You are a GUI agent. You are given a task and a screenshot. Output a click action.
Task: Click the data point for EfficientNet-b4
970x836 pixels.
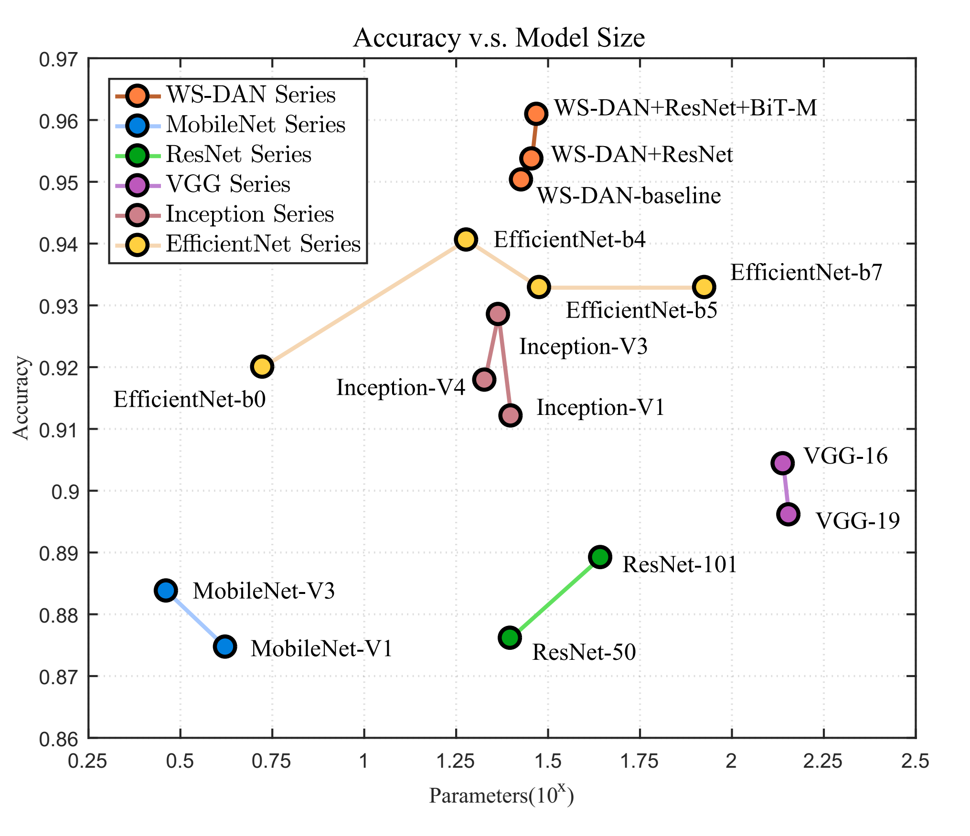point(466,239)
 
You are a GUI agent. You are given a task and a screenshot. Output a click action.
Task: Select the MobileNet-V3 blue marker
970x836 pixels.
point(166,591)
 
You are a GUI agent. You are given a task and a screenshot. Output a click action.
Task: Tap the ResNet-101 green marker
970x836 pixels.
point(600,557)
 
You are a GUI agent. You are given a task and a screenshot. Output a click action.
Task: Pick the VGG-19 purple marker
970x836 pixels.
point(789,514)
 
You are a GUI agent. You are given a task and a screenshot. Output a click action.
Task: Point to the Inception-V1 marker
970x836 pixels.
point(511,415)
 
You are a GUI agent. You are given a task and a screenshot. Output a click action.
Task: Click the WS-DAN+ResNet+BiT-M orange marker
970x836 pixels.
point(536,114)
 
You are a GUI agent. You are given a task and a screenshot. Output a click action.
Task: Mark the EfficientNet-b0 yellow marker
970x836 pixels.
point(262,366)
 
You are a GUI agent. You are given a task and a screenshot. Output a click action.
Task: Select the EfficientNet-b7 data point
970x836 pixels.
point(704,287)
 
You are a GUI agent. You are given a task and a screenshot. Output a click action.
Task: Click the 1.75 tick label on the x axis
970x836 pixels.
point(639,761)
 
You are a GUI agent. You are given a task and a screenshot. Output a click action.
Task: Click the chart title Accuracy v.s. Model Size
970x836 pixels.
point(499,38)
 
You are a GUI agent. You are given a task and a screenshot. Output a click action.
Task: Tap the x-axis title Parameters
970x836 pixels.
point(501,795)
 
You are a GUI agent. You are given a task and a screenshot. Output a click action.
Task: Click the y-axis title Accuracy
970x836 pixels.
point(21,398)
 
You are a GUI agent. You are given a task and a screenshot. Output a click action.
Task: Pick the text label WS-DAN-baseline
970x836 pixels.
point(629,196)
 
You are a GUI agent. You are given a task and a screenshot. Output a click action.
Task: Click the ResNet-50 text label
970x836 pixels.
point(584,652)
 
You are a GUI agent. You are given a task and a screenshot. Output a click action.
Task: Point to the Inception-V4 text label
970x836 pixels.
point(401,387)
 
